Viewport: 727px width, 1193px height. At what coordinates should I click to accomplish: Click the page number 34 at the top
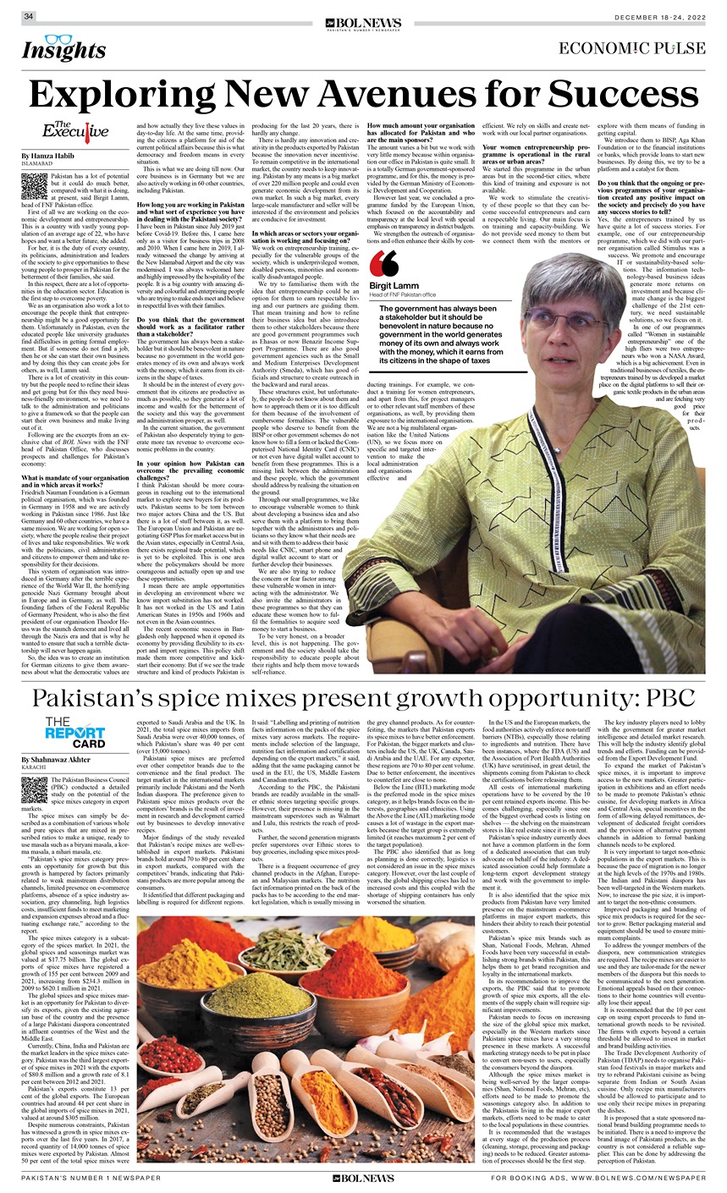(29, 16)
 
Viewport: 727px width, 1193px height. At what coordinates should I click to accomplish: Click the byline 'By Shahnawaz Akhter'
(65, 762)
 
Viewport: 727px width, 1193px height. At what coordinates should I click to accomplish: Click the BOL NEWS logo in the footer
(364, 1178)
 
